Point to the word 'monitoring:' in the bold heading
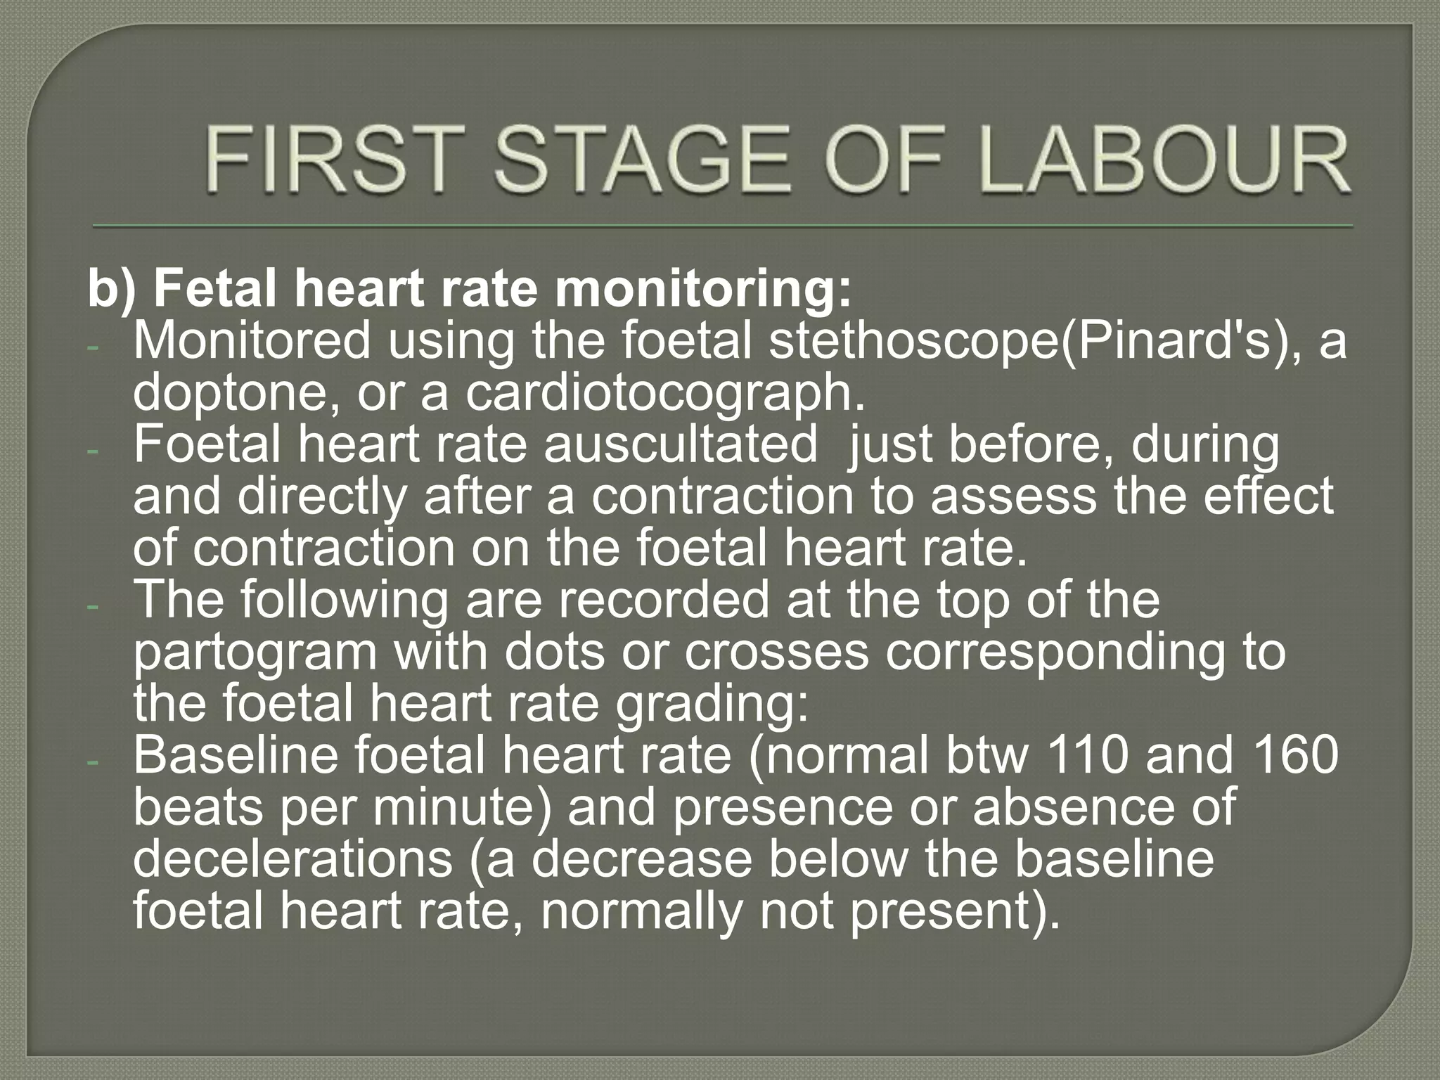[703, 288]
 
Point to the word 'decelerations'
[292, 859]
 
